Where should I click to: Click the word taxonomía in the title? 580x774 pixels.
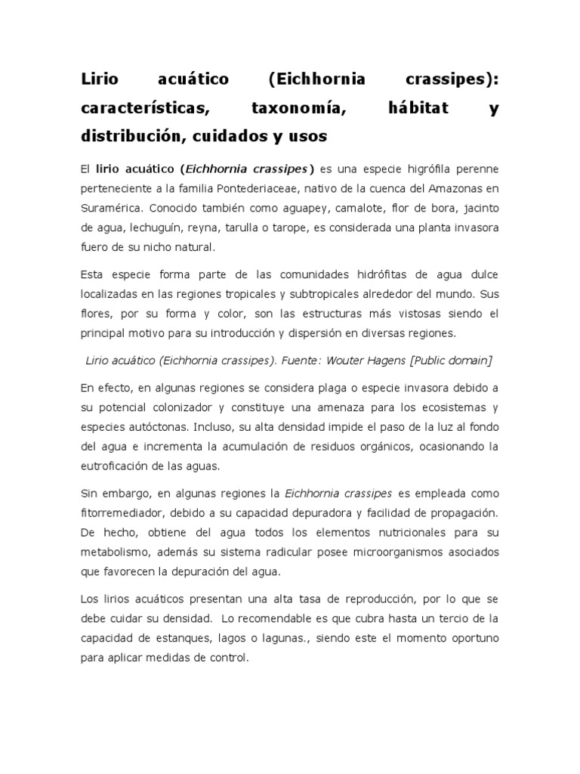click(x=298, y=108)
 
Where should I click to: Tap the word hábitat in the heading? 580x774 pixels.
click(x=417, y=108)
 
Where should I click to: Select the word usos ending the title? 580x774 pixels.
click(x=304, y=137)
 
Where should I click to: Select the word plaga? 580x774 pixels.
click(x=320, y=388)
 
